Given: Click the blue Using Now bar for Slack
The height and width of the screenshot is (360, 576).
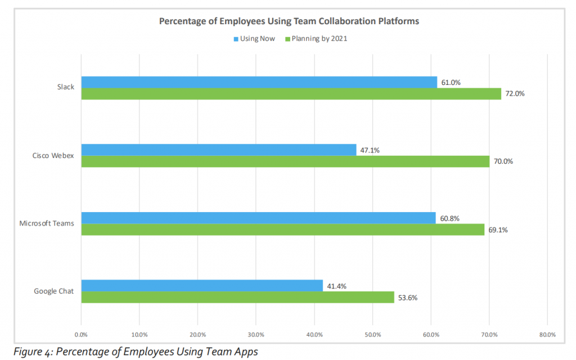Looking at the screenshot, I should pos(259,82).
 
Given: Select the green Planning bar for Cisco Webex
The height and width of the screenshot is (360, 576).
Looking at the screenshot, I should pos(285,161).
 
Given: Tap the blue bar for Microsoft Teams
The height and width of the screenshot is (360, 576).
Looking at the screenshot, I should pos(258,218).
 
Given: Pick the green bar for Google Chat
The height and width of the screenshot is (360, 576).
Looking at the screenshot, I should pos(237,297).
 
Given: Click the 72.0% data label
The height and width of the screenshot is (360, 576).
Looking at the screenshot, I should pos(515,94).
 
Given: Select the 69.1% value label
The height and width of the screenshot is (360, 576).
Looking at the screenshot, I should pos(498,229).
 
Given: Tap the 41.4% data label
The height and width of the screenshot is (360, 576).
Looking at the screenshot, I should pos(337,286).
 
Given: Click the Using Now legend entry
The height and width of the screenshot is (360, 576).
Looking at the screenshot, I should pos(254,39).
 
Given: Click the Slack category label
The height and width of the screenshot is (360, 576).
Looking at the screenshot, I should pos(66,87).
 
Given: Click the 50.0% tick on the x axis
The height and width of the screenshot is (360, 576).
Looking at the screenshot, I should pos(372,335).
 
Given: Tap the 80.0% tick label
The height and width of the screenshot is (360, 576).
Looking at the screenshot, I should pos(547,335).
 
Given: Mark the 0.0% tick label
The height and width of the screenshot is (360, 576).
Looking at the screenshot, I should pos(81,335).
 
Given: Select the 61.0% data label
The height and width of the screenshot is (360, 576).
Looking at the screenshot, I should pos(451,82).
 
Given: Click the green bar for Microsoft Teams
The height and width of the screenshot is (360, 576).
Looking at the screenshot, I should pos(282,229).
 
